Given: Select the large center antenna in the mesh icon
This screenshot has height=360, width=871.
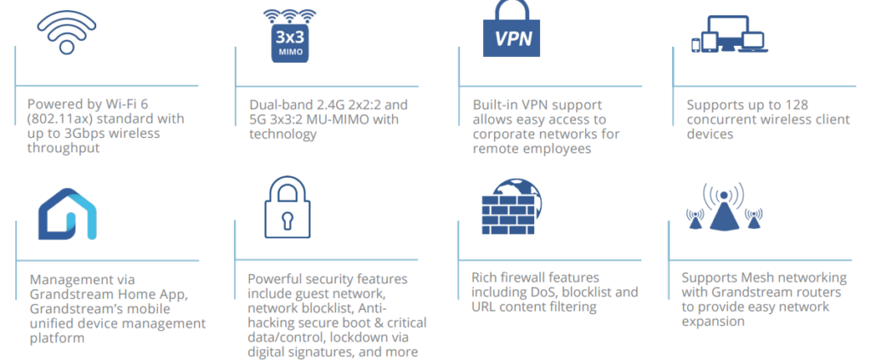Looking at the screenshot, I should (723, 213).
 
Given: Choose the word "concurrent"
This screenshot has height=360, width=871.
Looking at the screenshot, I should (719, 120).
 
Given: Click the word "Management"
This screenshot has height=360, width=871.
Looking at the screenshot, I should (71, 278).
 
